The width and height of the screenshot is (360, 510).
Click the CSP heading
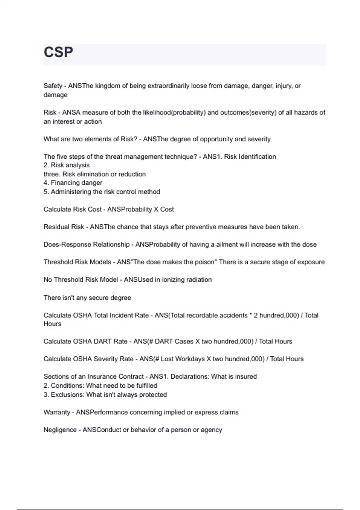tap(58, 52)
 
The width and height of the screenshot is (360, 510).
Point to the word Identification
tap(257, 157)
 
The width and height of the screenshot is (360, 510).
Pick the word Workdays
tap(190, 359)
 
